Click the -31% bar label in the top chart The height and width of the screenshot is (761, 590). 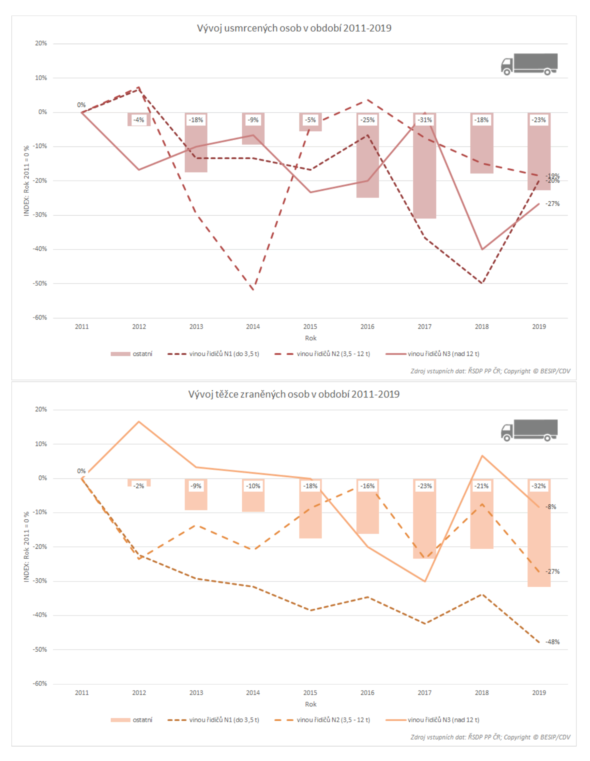[x=425, y=120]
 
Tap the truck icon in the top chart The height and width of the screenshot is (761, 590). [x=529, y=64]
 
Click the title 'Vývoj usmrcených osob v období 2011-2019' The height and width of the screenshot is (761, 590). [x=294, y=28]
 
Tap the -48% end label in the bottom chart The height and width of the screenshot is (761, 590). [x=552, y=642]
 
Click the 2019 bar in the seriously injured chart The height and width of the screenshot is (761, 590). [x=539, y=543]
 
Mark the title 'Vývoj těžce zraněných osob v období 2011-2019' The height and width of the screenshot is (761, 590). [x=294, y=394]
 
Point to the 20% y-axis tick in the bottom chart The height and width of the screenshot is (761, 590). [x=41, y=410]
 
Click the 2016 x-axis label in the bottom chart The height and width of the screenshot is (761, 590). [x=367, y=693]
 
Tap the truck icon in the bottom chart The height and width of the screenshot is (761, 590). [x=529, y=430]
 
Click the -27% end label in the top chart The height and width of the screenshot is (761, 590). [x=552, y=204]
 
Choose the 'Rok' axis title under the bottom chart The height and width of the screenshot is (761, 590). [x=310, y=704]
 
